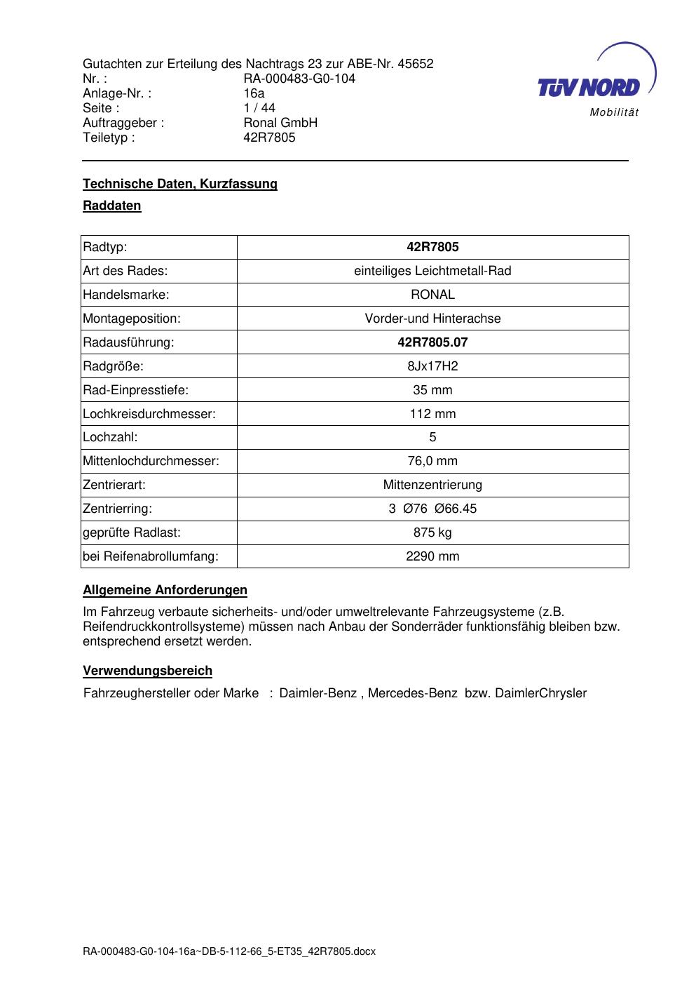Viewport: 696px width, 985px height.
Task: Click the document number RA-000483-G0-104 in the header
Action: point(299,79)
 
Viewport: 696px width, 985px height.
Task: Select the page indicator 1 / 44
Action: point(259,108)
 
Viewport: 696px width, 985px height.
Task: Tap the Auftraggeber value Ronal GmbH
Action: point(280,123)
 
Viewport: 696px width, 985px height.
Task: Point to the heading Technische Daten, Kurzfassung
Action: point(180,184)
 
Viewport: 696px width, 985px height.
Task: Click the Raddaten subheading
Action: point(112,206)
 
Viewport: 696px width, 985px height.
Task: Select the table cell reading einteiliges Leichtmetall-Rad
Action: point(432,271)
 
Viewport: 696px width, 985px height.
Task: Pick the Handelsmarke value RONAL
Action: point(432,295)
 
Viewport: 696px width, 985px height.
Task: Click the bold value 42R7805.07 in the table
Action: point(432,342)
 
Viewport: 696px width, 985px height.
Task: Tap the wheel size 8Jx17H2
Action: point(432,366)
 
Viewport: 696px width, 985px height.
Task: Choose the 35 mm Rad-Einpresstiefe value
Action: point(432,390)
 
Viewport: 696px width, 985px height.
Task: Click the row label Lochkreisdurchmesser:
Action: point(149,414)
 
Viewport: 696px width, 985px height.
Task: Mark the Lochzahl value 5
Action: point(432,437)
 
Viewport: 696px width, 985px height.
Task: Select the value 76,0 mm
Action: point(432,461)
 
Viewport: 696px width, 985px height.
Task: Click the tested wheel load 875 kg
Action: point(432,532)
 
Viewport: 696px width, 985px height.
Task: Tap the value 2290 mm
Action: point(432,556)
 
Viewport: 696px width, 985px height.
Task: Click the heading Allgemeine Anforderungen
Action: point(165,590)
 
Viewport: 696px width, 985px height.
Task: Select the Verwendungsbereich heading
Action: point(147,671)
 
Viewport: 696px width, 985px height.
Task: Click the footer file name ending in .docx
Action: point(229,951)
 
